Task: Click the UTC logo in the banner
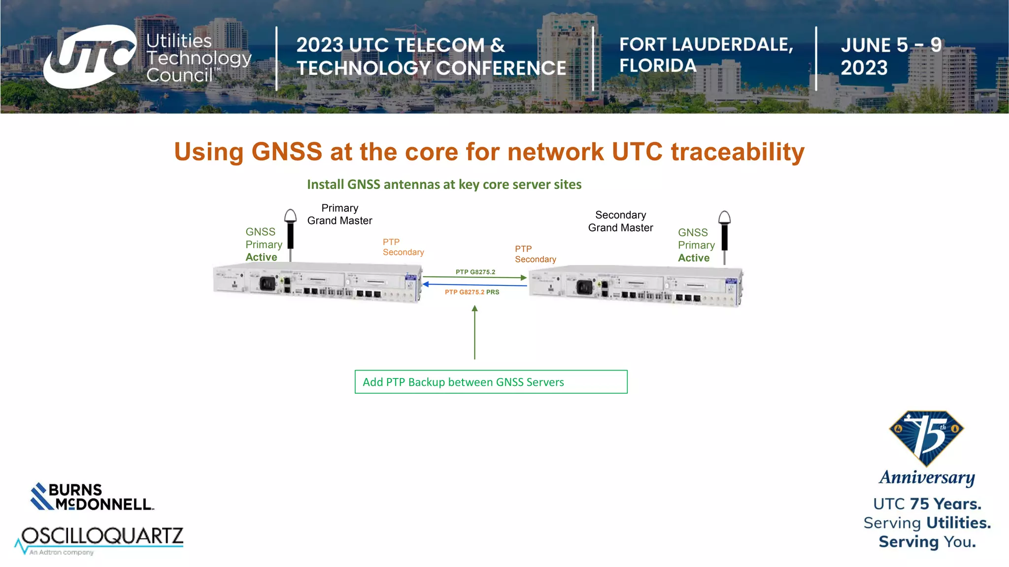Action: tap(90, 56)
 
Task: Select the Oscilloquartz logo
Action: tap(101, 539)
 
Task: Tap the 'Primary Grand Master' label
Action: tap(339, 214)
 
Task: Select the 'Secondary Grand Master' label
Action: tap(620, 221)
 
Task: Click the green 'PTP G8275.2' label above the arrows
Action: tap(475, 272)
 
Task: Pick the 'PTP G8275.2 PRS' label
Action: tap(471, 292)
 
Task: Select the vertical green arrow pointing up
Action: tap(474, 332)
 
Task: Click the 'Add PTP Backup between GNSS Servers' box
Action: tap(491, 382)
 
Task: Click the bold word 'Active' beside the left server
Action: tap(261, 257)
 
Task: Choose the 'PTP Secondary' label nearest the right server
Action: tap(535, 254)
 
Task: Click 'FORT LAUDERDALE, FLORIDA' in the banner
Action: tap(706, 55)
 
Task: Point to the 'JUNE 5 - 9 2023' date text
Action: tap(890, 56)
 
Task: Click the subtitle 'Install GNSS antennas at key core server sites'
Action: tap(444, 185)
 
